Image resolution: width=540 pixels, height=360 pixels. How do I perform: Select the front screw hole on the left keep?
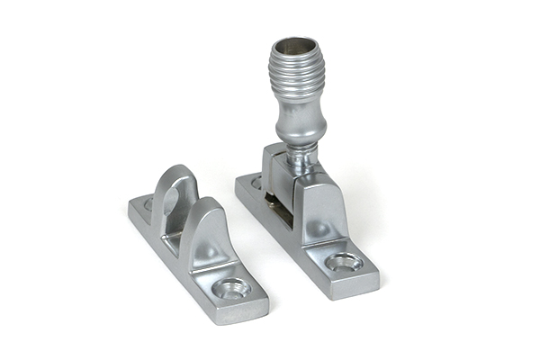click(x=232, y=288)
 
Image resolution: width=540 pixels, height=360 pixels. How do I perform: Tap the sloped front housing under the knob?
click(x=319, y=211)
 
